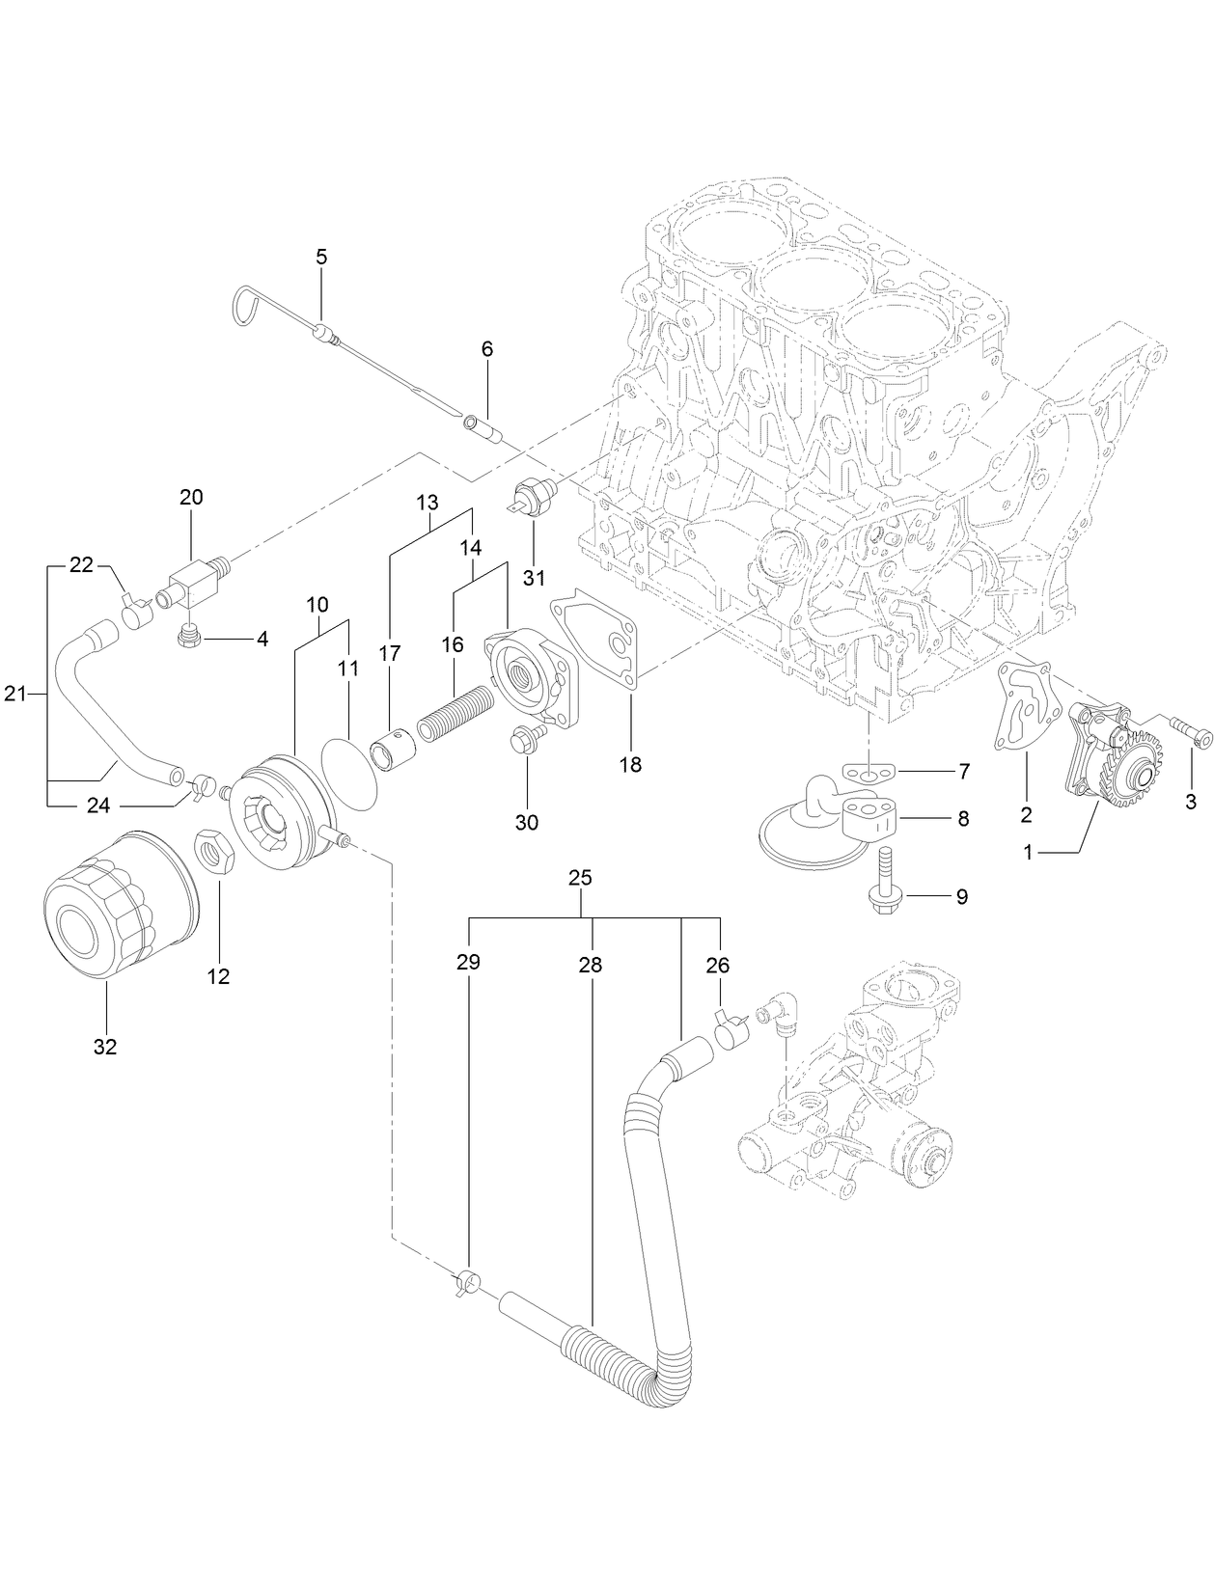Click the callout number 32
104,1046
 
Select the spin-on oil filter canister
121,906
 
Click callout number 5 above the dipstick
321,257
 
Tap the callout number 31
534,578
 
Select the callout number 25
581,879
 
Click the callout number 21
14,693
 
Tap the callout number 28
591,965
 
